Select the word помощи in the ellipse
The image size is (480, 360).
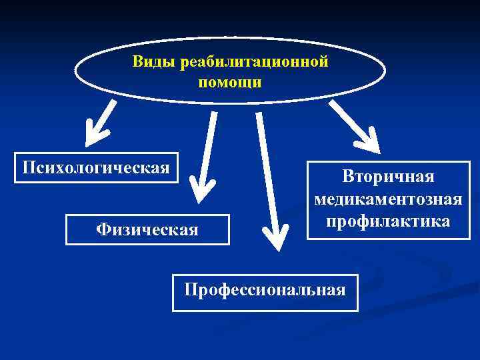coord(230,83)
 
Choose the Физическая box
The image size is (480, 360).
coord(147,229)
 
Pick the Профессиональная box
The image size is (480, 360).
coord(265,291)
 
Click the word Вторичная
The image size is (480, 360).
coord(388,177)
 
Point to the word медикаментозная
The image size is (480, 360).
coord(388,199)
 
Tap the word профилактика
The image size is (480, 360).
coord(388,220)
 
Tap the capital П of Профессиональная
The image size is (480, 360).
coord(190,290)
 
